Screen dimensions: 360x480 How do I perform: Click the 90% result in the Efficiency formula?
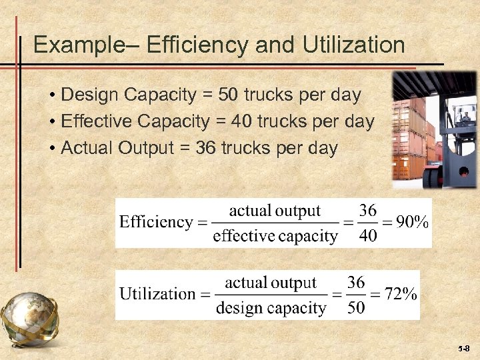[412, 223]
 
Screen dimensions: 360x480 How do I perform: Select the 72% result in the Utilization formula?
[401, 294]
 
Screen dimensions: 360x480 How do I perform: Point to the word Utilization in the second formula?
[158, 294]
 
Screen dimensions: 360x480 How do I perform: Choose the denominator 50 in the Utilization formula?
[356, 308]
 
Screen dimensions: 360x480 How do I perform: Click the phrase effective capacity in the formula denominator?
[275, 236]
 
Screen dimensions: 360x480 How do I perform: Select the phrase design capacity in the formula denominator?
[271, 308]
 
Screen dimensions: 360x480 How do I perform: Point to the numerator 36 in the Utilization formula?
[356, 282]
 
